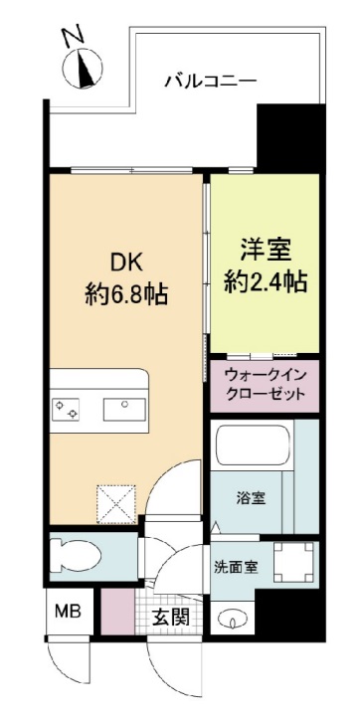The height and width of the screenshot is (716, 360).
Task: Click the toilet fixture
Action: pos(73,553)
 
